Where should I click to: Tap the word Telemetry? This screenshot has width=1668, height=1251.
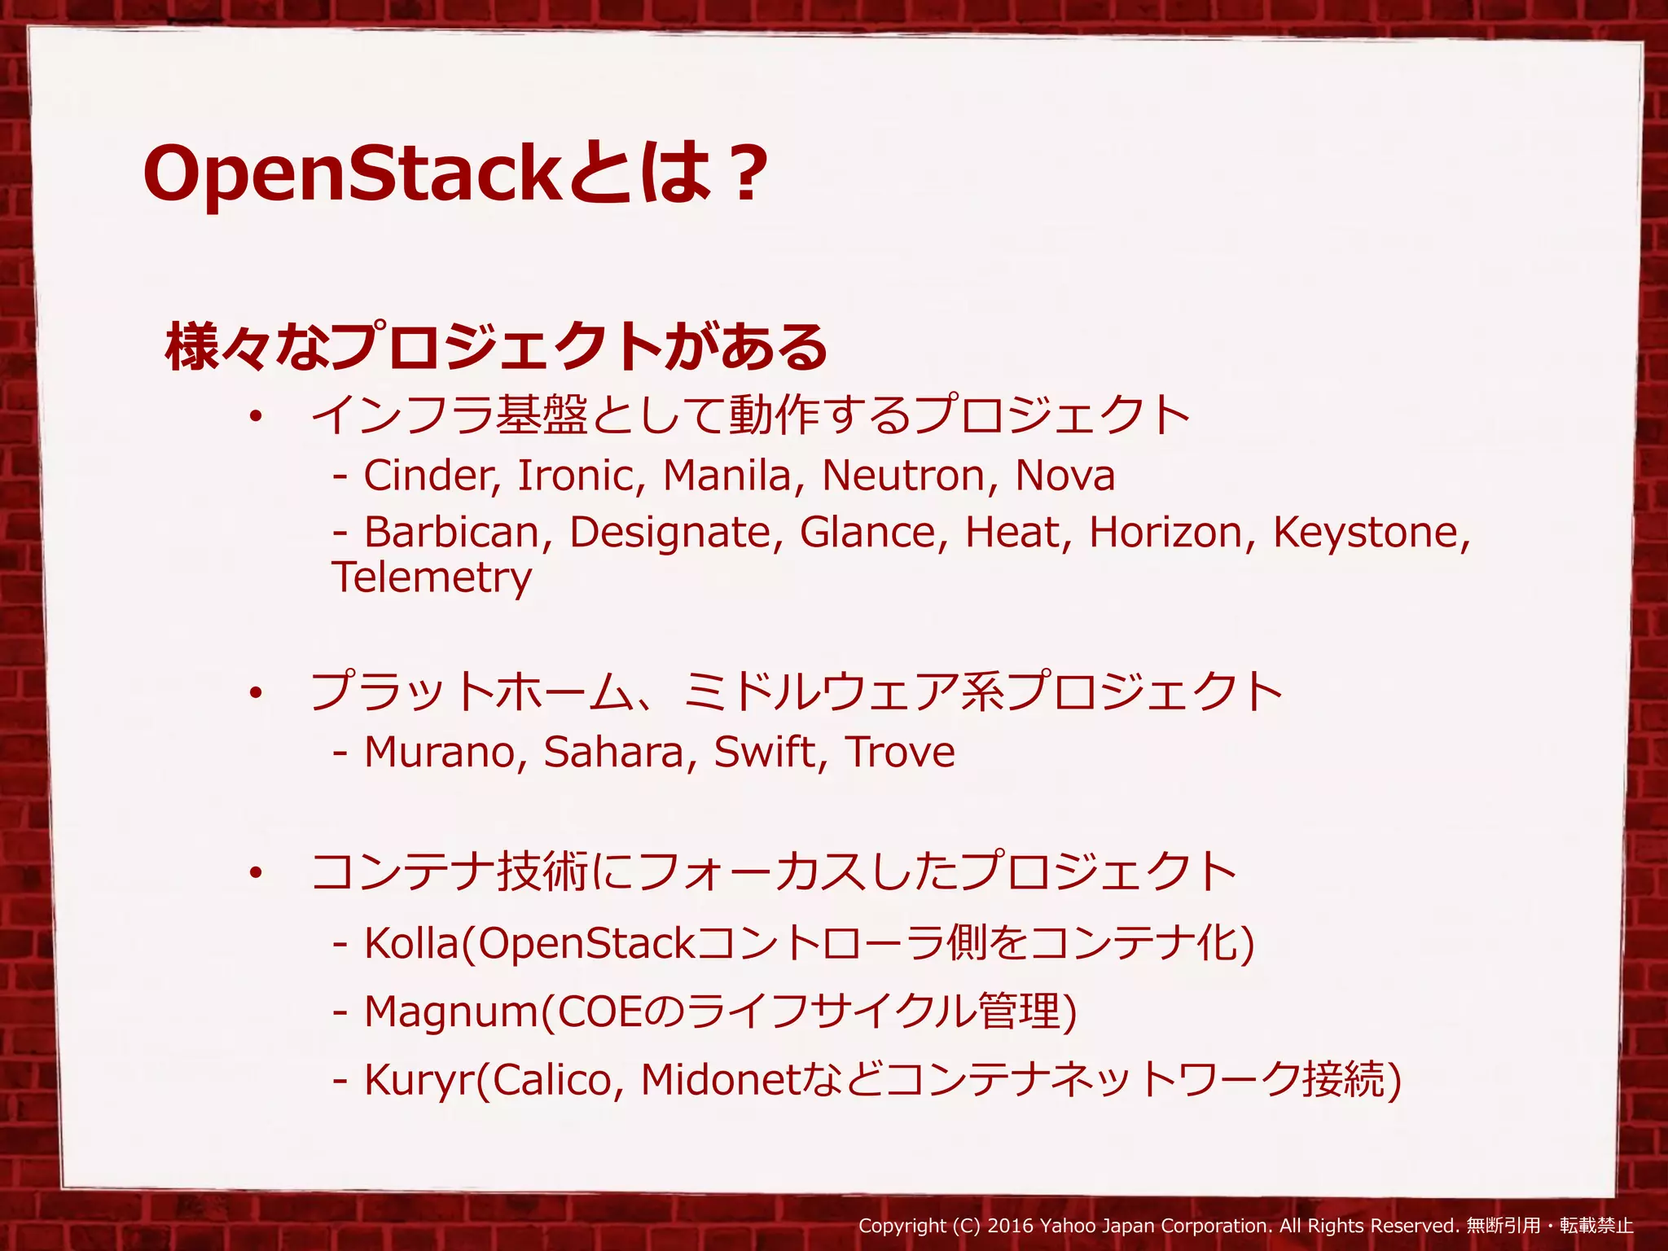pos(432,577)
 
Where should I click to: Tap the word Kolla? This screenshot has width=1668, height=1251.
pos(412,943)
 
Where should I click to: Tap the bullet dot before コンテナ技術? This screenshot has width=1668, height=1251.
pos(256,874)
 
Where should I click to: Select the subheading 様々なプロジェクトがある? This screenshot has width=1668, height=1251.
pos(496,347)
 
